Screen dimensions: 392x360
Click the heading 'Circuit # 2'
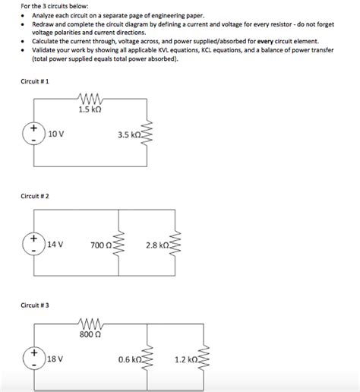(34, 196)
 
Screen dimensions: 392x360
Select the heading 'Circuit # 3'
(34, 305)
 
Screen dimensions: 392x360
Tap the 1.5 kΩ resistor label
(90, 109)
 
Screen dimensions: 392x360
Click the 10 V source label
(55, 134)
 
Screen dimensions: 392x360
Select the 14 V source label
(55, 245)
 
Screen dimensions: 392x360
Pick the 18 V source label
(55, 357)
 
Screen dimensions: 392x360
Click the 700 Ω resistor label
(99, 245)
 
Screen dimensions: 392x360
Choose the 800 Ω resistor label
(90, 334)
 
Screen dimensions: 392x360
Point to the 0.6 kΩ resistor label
(129, 358)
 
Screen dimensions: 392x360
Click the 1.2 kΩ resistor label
(185, 358)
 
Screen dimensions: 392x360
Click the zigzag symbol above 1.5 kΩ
(90, 98)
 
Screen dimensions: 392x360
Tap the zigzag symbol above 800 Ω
(90, 322)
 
